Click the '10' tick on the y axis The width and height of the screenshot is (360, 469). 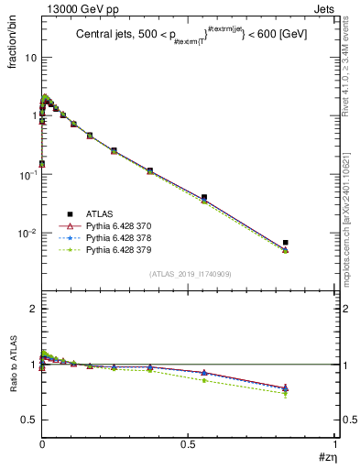[30, 57]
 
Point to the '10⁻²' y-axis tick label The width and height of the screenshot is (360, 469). [28, 233]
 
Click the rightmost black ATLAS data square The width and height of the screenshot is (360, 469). [286, 243]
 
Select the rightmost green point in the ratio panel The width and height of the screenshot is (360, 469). [286, 393]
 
